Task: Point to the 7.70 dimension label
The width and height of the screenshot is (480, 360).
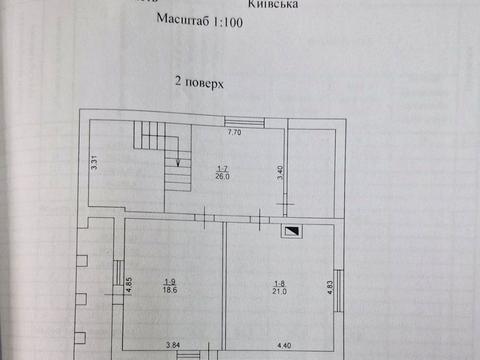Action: coord(235,132)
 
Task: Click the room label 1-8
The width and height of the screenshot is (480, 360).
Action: coord(280,284)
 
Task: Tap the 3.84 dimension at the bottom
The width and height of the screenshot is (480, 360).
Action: coord(173,347)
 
